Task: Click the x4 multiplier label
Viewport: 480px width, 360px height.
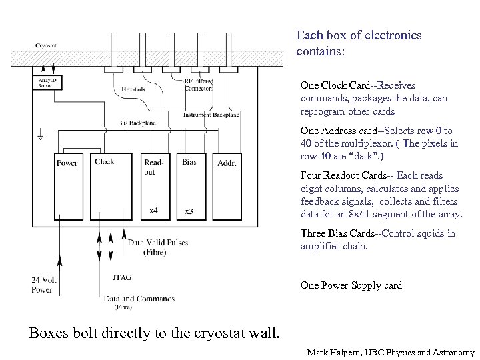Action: [153, 211]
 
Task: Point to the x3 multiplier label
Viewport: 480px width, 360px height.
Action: [189, 211]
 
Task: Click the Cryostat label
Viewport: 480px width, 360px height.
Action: [45, 45]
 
